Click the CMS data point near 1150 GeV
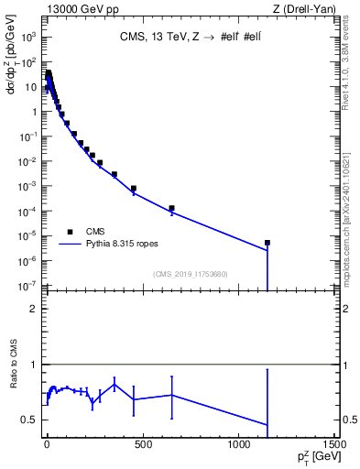pos(267,243)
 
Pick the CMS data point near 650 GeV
pos(171,209)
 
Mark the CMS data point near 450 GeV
pos(133,189)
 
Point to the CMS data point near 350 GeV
pos(114,174)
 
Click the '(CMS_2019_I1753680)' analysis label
pos(191,274)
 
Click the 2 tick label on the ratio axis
pos(33,309)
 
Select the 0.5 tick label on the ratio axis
pos(29,420)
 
